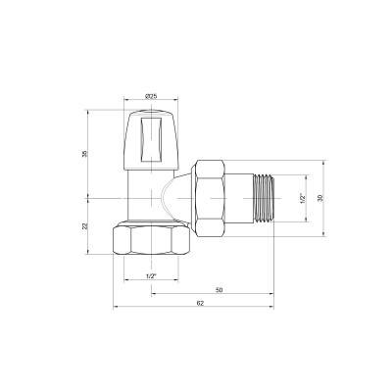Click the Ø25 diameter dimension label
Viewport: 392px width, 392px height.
click(x=151, y=95)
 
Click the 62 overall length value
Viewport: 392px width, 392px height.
click(x=200, y=304)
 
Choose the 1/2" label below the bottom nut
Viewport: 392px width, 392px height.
click(x=150, y=276)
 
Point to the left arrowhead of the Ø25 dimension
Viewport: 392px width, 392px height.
click(x=126, y=101)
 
